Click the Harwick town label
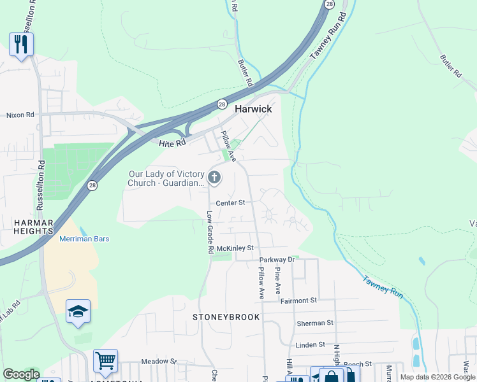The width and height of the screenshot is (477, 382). point(253,109)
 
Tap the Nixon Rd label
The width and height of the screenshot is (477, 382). point(20,115)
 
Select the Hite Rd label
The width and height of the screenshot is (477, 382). point(172,143)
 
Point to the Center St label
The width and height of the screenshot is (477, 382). point(230,203)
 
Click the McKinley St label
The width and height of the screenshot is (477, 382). point(235,248)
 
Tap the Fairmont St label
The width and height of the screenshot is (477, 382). point(298,300)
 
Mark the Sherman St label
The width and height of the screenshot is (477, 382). point(315,323)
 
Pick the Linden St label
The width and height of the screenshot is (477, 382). point(311,345)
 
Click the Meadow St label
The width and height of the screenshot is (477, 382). point(159,361)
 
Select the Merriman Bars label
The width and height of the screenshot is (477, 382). point(84,239)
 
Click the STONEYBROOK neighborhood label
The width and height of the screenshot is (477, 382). point(226,316)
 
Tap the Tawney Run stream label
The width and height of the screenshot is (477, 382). point(383,284)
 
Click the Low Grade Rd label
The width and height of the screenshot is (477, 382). point(209,232)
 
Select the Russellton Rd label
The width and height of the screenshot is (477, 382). point(40,185)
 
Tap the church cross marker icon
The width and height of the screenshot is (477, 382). point(214,178)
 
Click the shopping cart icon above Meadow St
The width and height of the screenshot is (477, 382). point(105,360)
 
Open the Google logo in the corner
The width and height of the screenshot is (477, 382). point(21,374)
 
